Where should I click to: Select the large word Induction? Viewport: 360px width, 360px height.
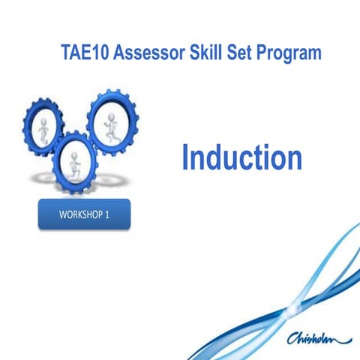click(x=241, y=157)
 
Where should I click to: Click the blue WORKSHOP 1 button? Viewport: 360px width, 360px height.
click(x=84, y=214)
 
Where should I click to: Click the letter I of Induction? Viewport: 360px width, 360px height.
click(x=186, y=157)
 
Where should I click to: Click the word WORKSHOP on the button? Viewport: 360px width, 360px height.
click(x=79, y=214)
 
